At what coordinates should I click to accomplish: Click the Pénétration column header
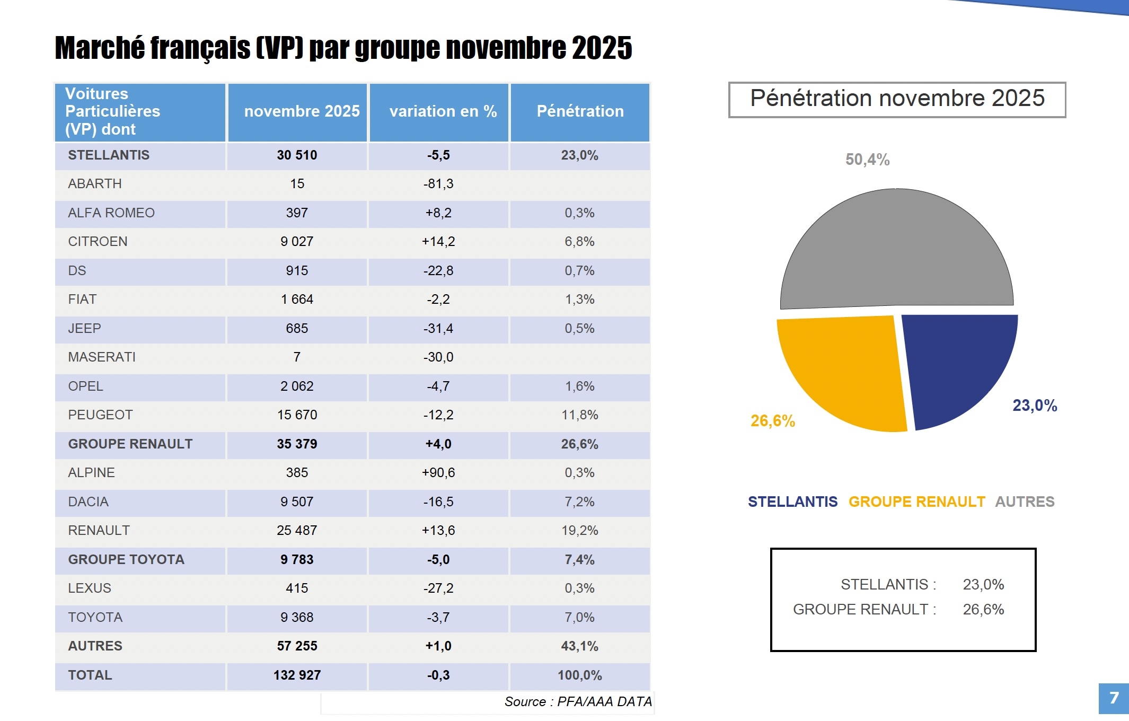(x=580, y=111)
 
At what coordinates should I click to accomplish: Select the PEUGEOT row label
(x=100, y=415)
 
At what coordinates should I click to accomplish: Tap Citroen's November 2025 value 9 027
(x=297, y=242)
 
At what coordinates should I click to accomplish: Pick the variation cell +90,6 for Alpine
(x=438, y=473)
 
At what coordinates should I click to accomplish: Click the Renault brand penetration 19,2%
(x=580, y=531)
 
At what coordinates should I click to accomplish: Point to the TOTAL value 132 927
(x=297, y=675)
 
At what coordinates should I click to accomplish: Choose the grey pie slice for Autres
(x=896, y=249)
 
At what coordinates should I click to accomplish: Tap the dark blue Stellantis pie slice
(x=954, y=366)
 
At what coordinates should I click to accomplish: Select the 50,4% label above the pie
(x=867, y=160)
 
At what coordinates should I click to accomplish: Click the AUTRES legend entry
(x=1025, y=502)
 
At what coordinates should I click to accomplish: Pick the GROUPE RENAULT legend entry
(x=916, y=502)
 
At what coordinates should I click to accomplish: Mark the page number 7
(x=1114, y=698)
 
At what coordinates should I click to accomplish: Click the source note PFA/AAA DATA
(x=578, y=702)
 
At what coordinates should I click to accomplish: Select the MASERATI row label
(x=102, y=357)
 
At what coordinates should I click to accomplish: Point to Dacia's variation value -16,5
(x=438, y=502)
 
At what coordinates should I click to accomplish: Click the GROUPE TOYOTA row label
(x=126, y=560)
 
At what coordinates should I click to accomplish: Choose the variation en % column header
(x=443, y=111)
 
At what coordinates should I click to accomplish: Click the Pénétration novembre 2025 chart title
(x=897, y=99)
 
